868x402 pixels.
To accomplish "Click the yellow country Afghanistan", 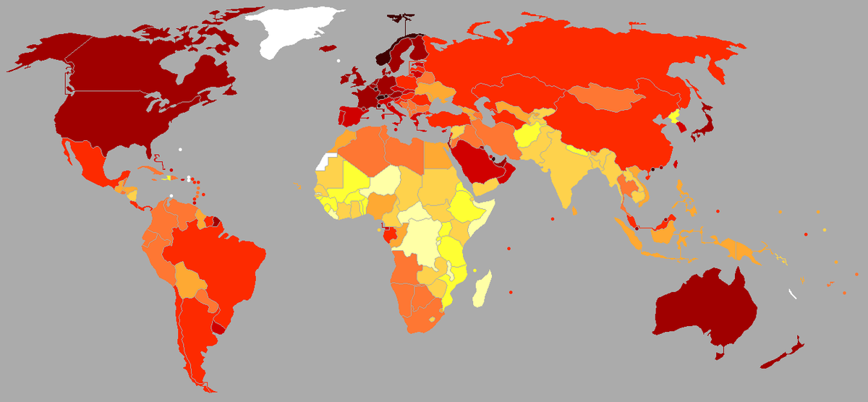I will (x=528, y=137).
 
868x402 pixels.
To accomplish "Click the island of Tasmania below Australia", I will (x=719, y=354).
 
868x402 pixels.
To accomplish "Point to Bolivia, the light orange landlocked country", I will (x=192, y=278).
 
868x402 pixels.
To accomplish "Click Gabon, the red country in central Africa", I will (x=391, y=235).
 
